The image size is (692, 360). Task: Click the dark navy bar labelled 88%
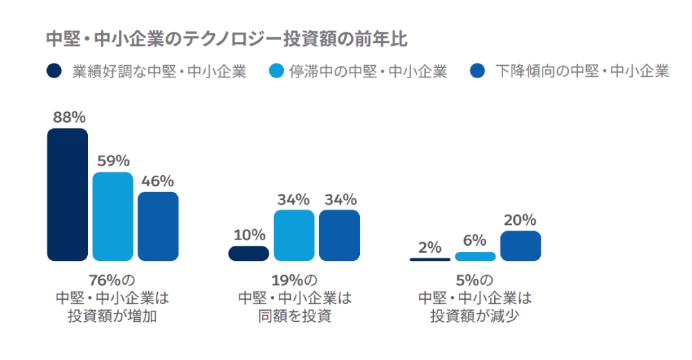click(67, 195)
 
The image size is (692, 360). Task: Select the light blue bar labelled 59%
click(113, 216)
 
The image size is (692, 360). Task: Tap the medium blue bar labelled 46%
click(158, 226)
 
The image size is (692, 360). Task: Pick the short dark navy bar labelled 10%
click(248, 253)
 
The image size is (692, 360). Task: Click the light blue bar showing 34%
click(294, 235)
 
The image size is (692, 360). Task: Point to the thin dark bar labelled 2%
click(430, 259)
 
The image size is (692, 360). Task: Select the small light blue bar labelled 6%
click(475, 256)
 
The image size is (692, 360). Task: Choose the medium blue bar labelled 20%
click(520, 246)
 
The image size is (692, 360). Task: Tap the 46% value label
click(158, 181)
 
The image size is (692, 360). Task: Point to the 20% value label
click(520, 220)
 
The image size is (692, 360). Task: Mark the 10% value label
click(250, 234)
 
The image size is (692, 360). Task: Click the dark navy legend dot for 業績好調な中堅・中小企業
click(54, 71)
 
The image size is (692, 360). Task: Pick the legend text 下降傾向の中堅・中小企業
click(582, 71)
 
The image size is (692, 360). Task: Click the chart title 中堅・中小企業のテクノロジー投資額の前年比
click(226, 39)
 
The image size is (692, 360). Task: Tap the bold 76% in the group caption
click(104, 281)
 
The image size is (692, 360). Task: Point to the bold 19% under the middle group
click(286, 281)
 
